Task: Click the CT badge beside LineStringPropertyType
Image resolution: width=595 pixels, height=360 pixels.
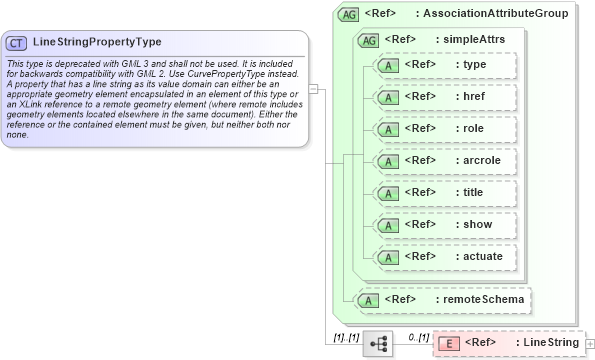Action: point(17,43)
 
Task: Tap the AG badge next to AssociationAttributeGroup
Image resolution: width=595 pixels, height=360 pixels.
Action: point(349,14)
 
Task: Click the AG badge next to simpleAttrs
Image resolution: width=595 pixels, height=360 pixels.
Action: point(368,40)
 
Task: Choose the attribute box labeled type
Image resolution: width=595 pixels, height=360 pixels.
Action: point(444,65)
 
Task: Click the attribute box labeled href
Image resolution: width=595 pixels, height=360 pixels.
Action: point(444,97)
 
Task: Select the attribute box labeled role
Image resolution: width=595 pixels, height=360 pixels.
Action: point(444,129)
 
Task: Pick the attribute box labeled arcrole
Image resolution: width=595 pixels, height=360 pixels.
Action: point(444,161)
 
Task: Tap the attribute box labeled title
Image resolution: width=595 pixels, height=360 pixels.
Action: point(444,193)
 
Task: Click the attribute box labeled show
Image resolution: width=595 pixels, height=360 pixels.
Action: point(444,225)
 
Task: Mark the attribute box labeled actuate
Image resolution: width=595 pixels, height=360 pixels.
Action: point(444,257)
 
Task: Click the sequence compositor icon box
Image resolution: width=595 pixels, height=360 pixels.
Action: point(379,343)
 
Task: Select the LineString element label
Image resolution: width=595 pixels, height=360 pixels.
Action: point(546,343)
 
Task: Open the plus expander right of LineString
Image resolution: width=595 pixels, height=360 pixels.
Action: point(589,344)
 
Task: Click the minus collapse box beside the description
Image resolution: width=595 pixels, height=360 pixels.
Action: point(313,89)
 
